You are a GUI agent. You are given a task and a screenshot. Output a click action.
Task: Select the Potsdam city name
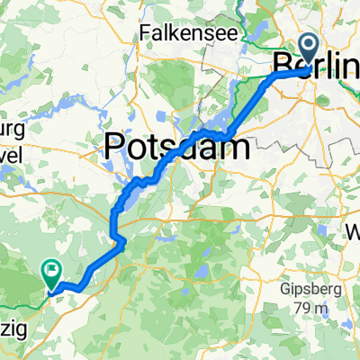[x=176, y=145]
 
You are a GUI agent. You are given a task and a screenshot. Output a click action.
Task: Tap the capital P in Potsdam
[x=117, y=145]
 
